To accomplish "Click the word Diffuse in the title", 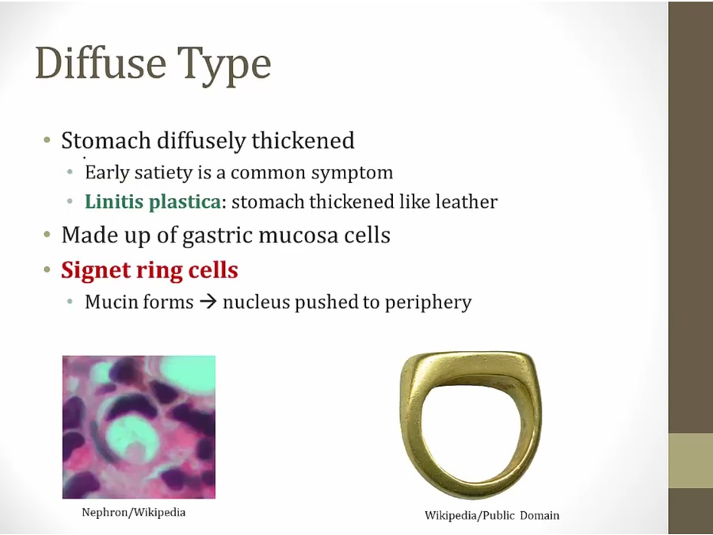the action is coord(101,63).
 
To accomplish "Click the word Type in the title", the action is coord(224,66).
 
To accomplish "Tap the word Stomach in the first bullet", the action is coord(106,140).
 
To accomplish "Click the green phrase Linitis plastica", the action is coord(153,201).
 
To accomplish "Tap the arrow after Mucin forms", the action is coord(208,302).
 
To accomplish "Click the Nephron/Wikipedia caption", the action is coord(133,512).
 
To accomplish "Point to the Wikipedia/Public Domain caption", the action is coord(492,515).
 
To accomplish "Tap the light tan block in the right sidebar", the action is coord(691,460).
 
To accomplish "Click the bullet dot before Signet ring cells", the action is coord(47,270).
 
